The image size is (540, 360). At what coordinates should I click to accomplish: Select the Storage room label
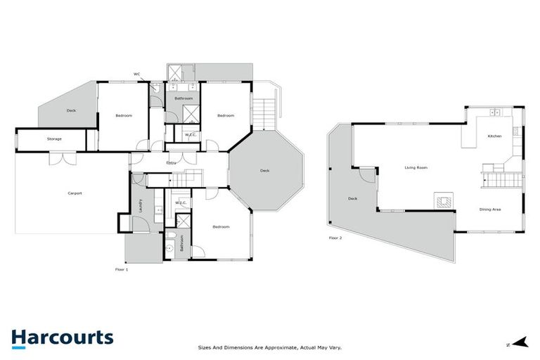pos(54,139)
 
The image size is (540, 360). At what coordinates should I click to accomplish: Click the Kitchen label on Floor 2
pos(494,136)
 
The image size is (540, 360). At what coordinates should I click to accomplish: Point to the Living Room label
pos(416,168)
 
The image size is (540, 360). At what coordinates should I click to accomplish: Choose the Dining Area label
pos(489,210)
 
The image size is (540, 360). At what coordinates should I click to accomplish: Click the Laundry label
pos(141,205)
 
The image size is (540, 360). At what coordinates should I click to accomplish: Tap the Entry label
pos(171,163)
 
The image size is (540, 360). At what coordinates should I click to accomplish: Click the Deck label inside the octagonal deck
pos(264,171)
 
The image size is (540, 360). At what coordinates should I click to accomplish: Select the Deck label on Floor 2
pos(352,198)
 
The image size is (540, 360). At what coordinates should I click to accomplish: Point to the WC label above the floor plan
pos(137,74)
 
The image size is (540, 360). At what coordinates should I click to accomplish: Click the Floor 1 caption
pos(122,269)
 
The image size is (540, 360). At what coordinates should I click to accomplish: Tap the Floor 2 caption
pos(335,238)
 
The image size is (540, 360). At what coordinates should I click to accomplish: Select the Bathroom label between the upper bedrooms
pos(184,98)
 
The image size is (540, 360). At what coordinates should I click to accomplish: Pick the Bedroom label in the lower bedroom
pos(221,226)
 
